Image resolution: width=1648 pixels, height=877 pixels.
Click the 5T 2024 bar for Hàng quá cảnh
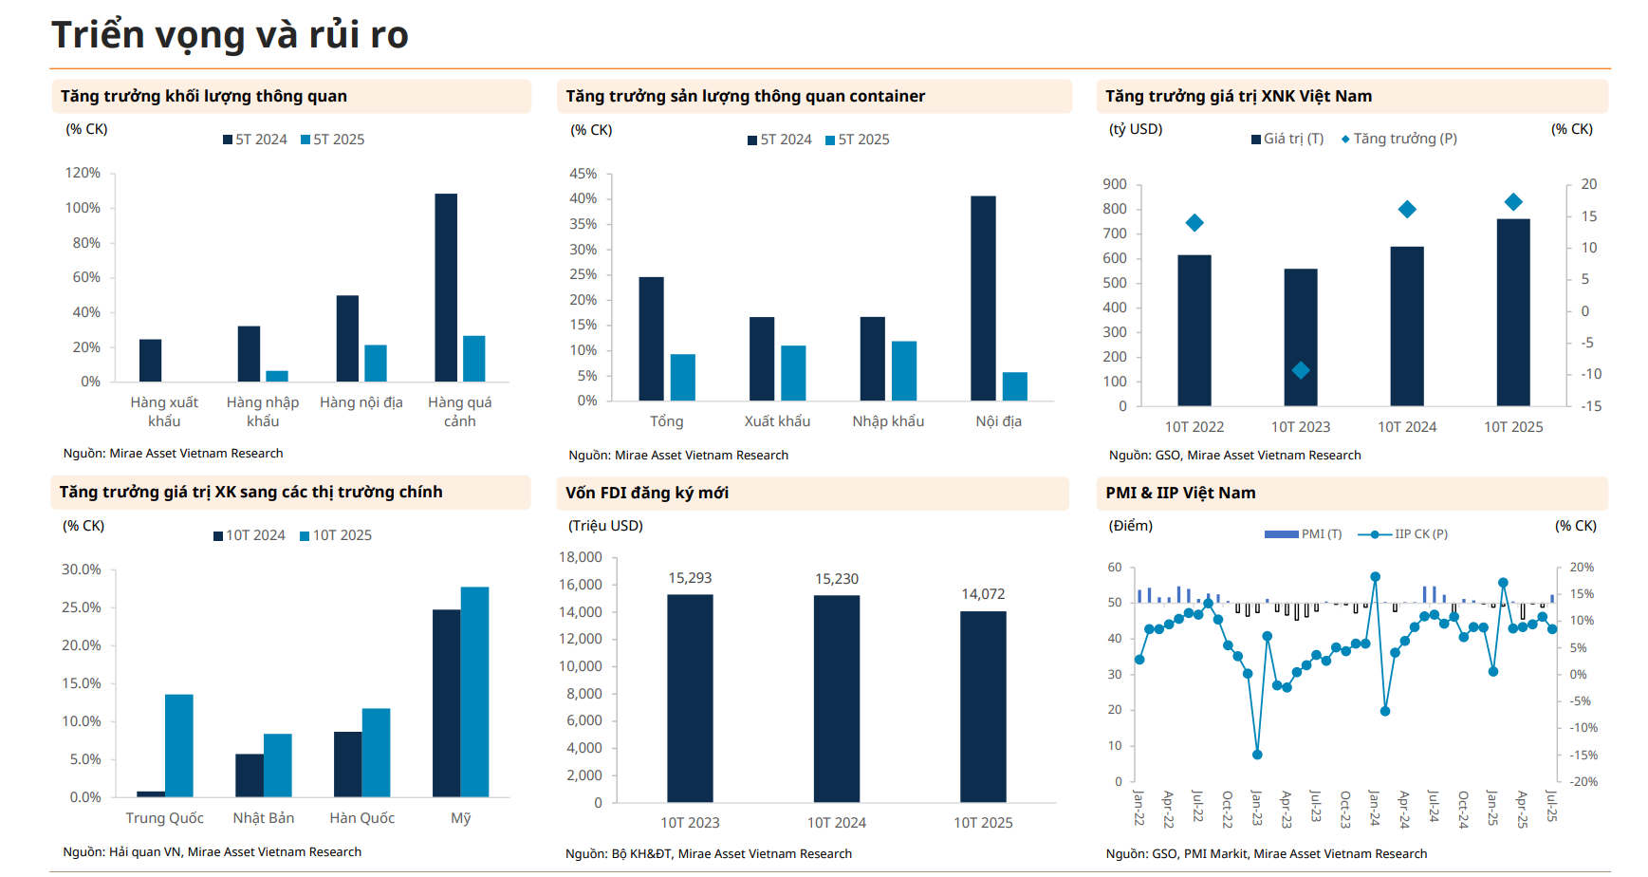pos(446,288)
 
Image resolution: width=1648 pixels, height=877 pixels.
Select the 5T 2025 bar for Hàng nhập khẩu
pos(277,376)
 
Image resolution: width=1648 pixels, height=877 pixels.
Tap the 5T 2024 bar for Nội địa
pos(983,298)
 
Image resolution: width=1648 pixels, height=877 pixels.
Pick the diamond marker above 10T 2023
pos(1301,370)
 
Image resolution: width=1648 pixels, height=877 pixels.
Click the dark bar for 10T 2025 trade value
pos(1513,312)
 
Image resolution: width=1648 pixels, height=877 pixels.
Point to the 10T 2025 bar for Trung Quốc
pos(179,746)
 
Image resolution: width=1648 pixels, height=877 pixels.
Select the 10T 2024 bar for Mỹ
pos(446,703)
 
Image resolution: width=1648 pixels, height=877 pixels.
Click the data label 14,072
pos(983,594)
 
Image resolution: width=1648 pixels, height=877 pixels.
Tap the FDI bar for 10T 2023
pos(690,699)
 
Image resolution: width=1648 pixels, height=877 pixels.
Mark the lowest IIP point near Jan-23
pos(1257,755)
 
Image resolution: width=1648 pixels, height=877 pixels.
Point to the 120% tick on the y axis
pos(83,173)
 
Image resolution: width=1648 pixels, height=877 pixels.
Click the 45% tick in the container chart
pos(583,174)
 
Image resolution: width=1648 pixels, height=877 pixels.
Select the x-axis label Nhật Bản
pos(264,818)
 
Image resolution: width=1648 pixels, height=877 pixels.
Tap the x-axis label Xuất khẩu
pos(777,421)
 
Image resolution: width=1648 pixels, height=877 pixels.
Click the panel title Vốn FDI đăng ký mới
pos(647,493)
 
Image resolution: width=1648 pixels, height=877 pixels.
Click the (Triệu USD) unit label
pos(605,526)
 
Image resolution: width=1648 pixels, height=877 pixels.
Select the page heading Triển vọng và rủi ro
pos(230,35)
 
